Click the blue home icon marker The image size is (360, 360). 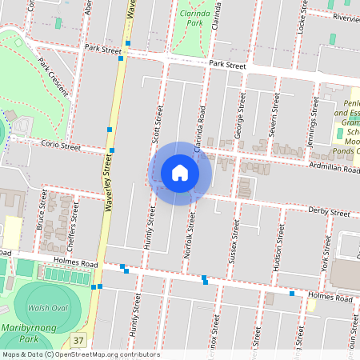click(180, 173)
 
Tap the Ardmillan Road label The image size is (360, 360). click(334, 169)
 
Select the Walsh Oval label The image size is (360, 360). click(47, 307)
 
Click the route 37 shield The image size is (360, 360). click(78, 341)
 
